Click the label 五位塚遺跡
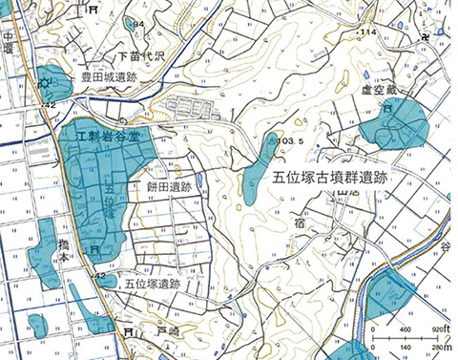(x=152, y=284)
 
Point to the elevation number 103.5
(x=293, y=140)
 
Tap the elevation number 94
(x=138, y=23)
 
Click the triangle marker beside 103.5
(x=272, y=141)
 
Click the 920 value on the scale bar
(x=437, y=329)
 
